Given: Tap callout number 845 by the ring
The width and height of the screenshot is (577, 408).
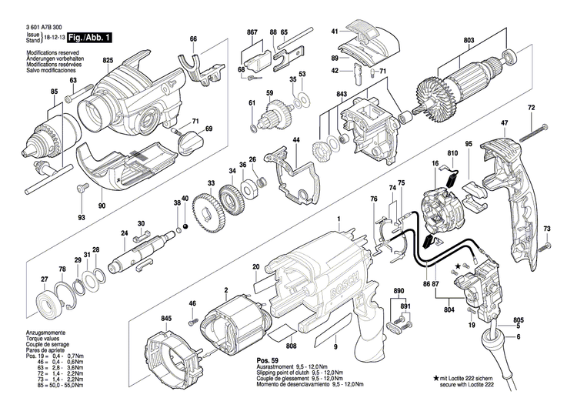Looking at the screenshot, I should coord(166,317).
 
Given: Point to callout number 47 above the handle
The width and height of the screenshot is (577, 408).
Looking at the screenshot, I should coord(504,124).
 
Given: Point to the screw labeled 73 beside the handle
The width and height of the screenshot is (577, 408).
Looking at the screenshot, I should coord(545,246).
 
